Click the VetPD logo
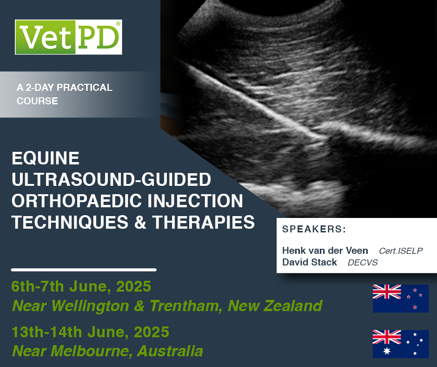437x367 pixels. (x=68, y=37)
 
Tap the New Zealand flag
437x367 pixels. (x=400, y=298)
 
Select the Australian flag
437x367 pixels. (x=400, y=344)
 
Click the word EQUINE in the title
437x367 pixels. (x=46, y=159)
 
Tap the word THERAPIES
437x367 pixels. (x=210, y=222)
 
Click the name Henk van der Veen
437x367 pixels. (x=325, y=251)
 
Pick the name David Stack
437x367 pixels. (x=310, y=262)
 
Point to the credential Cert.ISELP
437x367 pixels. (x=400, y=251)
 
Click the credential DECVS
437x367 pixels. (x=363, y=263)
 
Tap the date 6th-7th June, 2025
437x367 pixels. (x=81, y=286)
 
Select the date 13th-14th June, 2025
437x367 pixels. (x=90, y=333)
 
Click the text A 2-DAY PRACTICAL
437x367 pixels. (x=65, y=88)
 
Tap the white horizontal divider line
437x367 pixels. (x=84, y=270)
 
